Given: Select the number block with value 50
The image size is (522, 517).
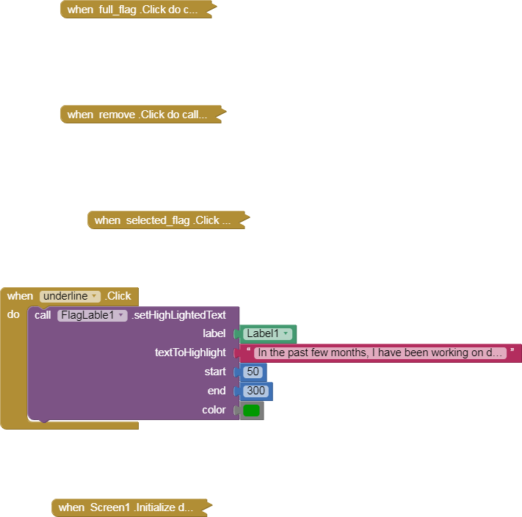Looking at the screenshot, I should [253, 372].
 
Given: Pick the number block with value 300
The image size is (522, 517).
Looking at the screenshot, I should [256, 391].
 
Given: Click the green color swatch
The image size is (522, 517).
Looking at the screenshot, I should [251, 411].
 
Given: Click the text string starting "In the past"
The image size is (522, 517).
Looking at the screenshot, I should [380, 352].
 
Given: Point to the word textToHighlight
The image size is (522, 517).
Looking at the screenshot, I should [190, 352].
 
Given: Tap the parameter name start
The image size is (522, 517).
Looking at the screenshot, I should [215, 372].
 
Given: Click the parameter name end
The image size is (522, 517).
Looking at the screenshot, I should [217, 391].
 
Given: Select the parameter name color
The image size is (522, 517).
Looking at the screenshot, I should [214, 410].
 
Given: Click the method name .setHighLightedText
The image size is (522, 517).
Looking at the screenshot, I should [178, 315].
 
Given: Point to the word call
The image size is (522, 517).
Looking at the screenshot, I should [43, 315].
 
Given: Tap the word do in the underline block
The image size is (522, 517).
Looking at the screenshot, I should [13, 314].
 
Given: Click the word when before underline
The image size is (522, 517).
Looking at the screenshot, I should [20, 296].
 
